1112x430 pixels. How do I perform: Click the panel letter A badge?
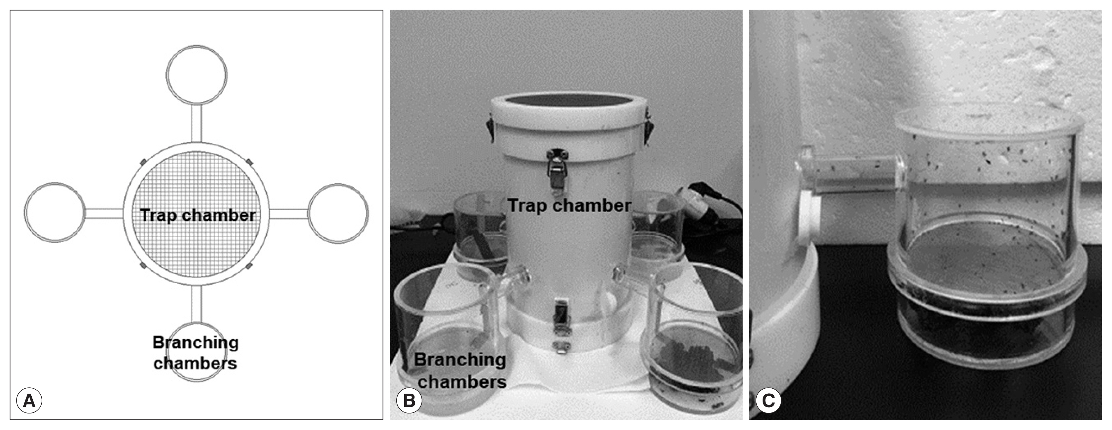[x=29, y=401]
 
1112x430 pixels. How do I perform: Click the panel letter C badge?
[x=768, y=401]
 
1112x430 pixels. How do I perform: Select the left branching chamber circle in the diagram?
[x=55, y=213]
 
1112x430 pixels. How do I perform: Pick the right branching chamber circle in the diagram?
[x=338, y=213]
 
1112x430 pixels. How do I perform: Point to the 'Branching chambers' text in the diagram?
[x=196, y=353]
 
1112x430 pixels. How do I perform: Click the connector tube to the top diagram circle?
[x=197, y=123]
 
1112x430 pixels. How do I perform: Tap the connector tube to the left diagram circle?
[x=104, y=213]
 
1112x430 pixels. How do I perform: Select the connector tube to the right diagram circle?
[x=289, y=213]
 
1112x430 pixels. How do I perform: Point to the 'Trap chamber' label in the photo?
[x=569, y=206]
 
